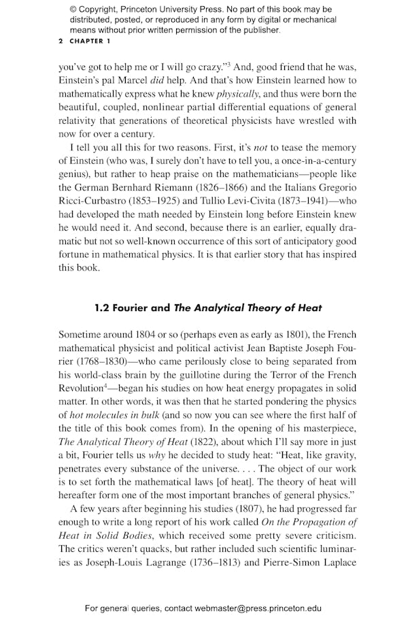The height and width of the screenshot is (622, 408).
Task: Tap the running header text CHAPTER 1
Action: [x=89, y=42]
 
